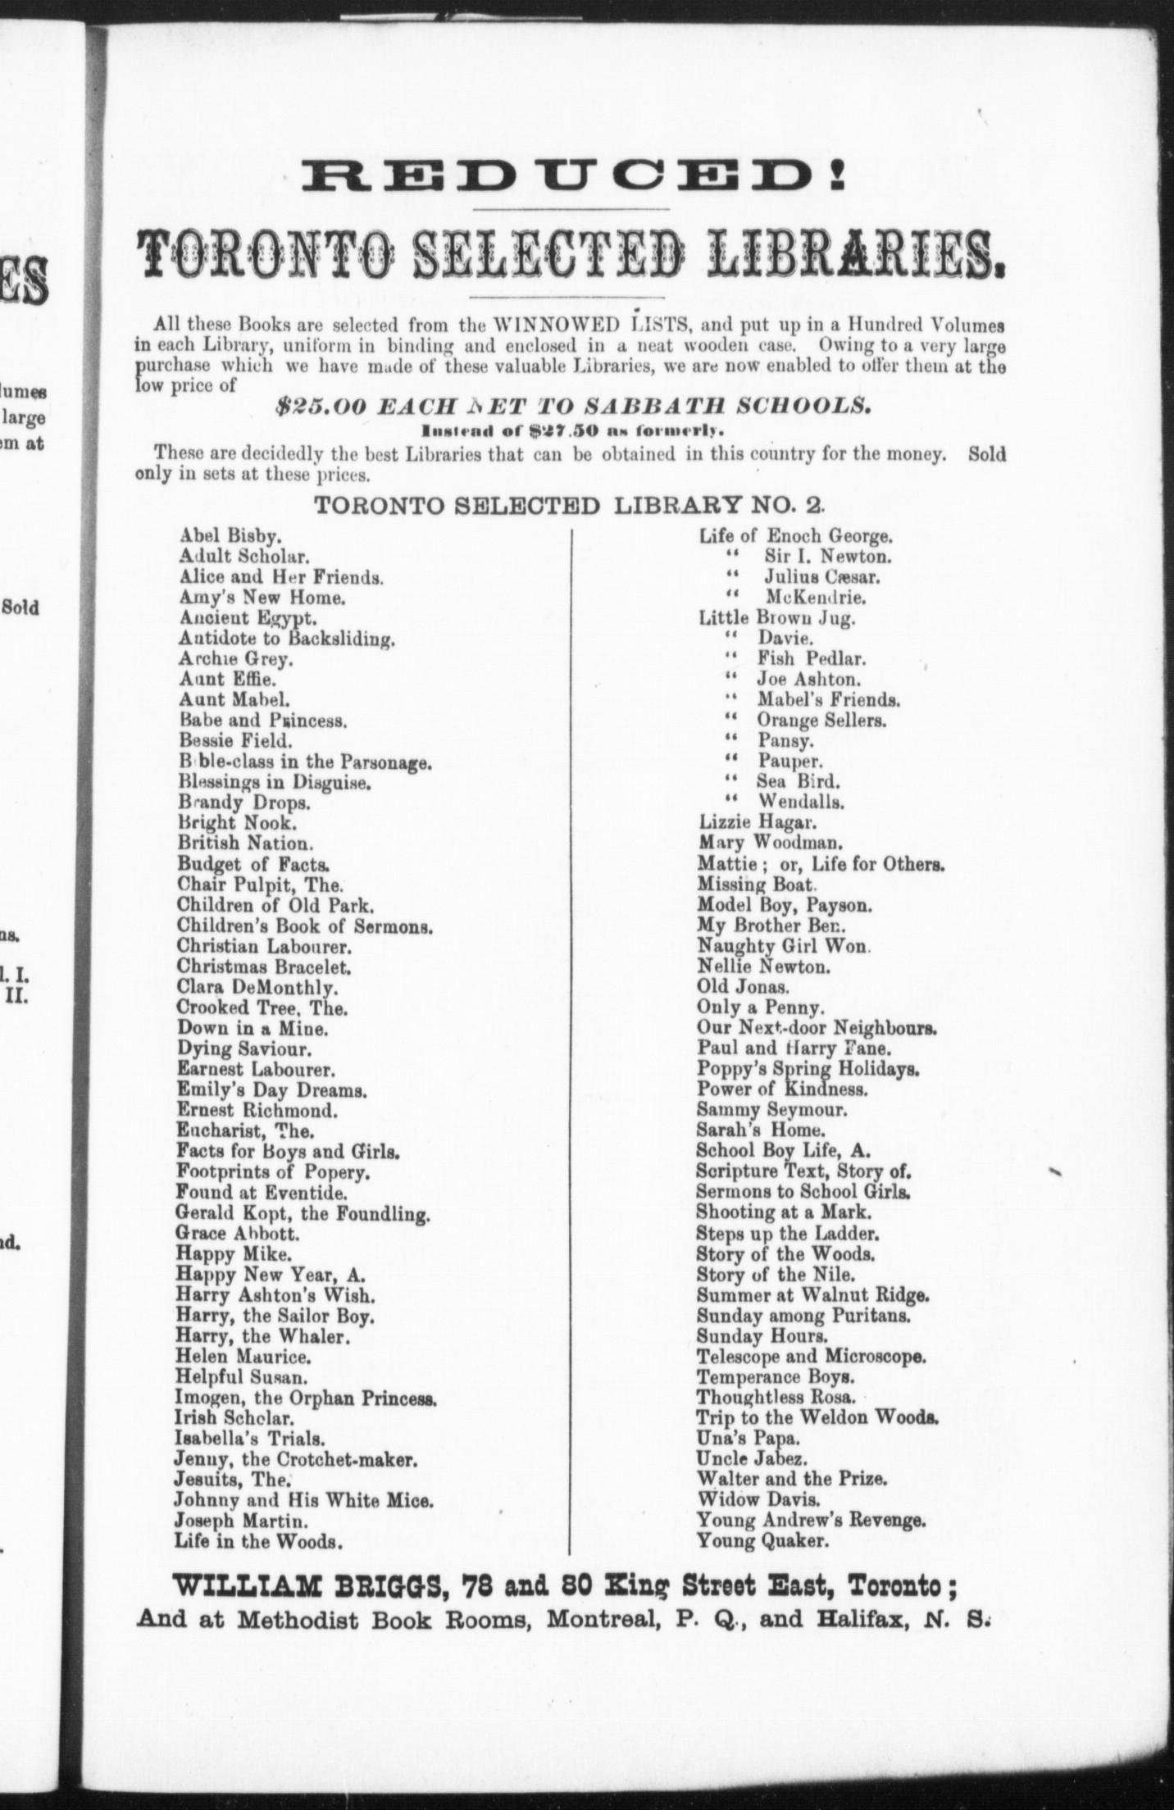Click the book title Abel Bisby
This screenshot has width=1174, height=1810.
230,536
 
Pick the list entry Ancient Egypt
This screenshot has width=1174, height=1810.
248,618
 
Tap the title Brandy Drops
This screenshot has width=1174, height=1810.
243,803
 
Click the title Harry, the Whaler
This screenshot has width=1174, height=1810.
262,1336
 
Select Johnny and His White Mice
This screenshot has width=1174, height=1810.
303,1501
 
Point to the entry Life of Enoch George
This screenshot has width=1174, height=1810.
795,536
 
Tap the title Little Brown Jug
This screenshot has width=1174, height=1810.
776,618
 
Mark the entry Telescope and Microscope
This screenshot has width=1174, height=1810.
812,1356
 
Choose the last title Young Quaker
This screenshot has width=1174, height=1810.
762,1541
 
